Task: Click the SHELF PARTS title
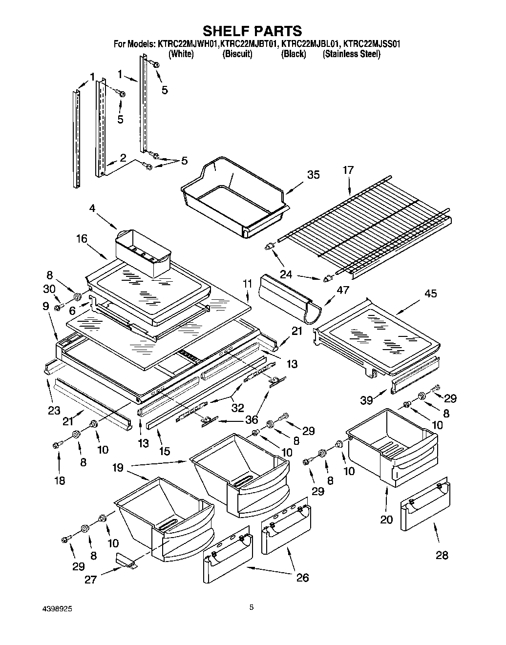point(253,31)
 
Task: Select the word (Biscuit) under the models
point(237,54)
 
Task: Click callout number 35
point(313,175)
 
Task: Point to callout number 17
point(348,170)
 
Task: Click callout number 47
point(343,290)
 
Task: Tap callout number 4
point(93,208)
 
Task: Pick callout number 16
point(82,239)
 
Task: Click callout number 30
point(49,289)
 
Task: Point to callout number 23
point(54,397)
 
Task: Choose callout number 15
point(165,452)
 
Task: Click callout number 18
point(59,480)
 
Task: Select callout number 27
point(91,580)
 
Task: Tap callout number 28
point(442,555)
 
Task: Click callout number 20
point(386,520)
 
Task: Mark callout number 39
point(367,400)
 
